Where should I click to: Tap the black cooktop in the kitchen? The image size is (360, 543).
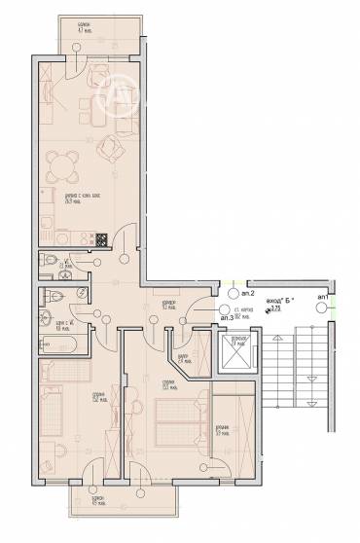[98, 239]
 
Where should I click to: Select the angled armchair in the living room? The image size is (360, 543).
[114, 147]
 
